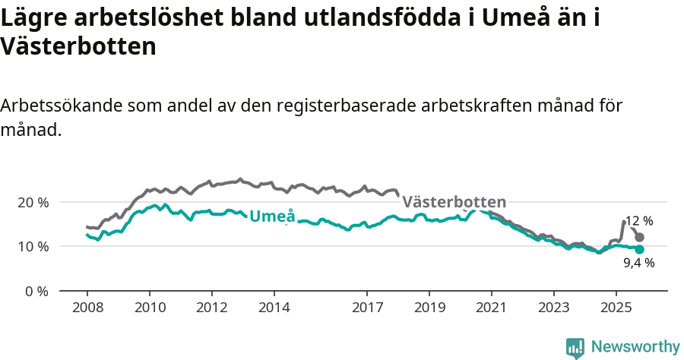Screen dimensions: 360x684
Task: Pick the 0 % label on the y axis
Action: [x=37, y=291]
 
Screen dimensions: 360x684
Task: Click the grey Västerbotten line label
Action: [x=454, y=202]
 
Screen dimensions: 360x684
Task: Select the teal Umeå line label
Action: [x=272, y=215]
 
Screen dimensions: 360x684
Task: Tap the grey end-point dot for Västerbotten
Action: [x=639, y=238]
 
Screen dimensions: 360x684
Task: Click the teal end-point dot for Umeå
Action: [x=639, y=249]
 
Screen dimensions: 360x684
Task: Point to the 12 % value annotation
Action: [x=638, y=221]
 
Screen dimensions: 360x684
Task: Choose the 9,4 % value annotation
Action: [x=638, y=263]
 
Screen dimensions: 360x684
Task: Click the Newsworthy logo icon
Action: [x=575, y=347]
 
